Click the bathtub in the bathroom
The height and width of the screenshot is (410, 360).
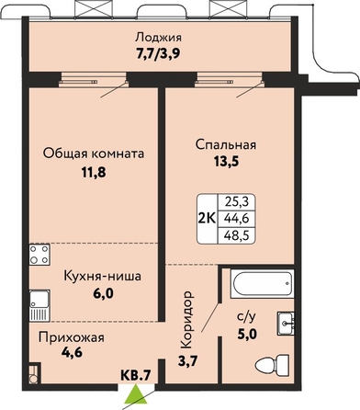(263, 283)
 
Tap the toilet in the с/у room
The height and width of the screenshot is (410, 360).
(272, 365)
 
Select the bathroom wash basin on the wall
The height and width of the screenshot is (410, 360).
(286, 324)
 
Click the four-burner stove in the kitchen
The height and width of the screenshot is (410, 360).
(39, 255)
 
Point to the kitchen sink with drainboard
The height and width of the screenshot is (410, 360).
(39, 305)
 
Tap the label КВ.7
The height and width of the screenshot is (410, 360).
(136, 375)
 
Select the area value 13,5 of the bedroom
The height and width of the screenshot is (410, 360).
(226, 162)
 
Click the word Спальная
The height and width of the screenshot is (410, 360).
(226, 144)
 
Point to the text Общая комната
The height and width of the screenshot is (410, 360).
(94, 154)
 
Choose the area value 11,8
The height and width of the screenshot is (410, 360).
(94, 172)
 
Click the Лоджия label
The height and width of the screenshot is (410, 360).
(159, 38)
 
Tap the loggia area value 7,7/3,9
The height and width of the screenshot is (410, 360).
(158, 54)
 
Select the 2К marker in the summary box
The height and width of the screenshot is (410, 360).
(208, 219)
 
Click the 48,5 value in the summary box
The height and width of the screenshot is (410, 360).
(236, 236)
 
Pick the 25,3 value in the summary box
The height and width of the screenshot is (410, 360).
(236, 201)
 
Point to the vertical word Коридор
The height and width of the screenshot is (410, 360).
(187, 320)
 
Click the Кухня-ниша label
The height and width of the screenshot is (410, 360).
(102, 276)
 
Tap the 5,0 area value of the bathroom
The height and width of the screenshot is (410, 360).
(247, 334)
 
